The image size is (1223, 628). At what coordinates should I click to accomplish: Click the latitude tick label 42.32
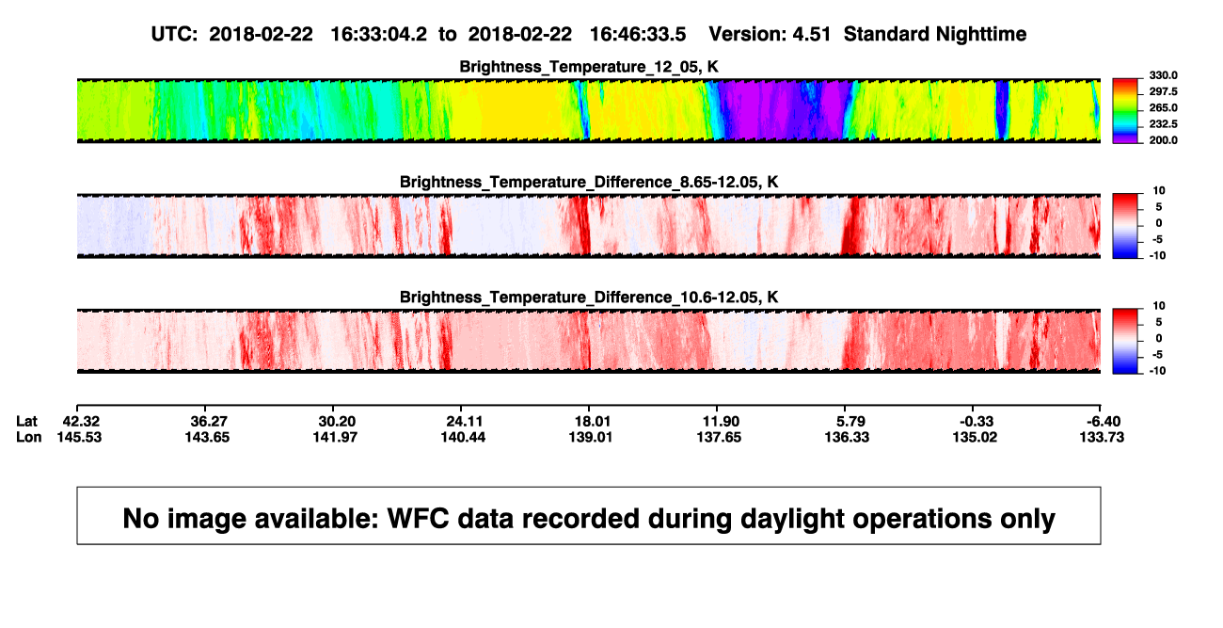pos(81,422)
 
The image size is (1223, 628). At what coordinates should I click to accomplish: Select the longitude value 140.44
pos(463,437)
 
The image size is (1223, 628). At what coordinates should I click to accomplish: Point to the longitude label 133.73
pos(1102,437)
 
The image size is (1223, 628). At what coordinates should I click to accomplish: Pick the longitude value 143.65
pos(207,437)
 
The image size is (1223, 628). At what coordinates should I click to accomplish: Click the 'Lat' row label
pos(26,422)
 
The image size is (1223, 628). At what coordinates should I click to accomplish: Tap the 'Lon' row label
pos(29,437)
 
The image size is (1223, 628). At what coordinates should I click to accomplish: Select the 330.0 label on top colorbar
pos(1163,75)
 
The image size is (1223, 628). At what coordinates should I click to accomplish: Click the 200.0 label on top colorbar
pos(1163,140)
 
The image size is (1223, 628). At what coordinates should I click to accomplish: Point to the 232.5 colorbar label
pos(1163,124)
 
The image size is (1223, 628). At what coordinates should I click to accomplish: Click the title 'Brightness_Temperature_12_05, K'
pos(589,67)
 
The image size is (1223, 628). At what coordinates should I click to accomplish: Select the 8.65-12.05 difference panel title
pos(589,182)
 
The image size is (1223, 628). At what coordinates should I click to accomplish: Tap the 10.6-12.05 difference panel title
pos(589,298)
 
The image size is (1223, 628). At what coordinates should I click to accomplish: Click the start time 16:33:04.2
pos(379,34)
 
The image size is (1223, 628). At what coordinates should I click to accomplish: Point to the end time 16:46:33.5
pos(638,34)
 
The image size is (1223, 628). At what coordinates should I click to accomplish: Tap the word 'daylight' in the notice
pos(787,519)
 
